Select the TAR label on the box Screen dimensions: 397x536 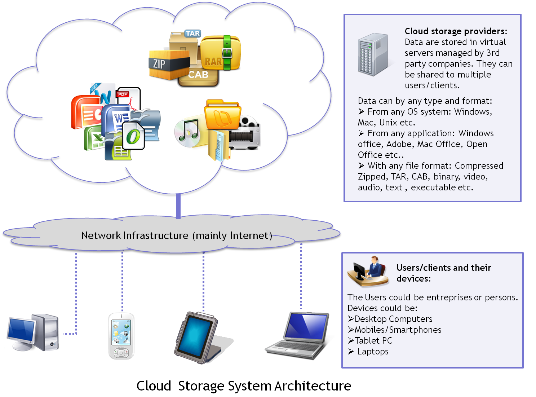[193, 34]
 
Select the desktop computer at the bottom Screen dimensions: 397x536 [33, 332]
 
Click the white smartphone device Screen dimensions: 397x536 [121, 336]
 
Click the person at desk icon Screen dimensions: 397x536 [368, 272]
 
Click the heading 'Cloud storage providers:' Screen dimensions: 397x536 [456, 31]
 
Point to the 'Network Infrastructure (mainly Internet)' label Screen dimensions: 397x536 [176, 235]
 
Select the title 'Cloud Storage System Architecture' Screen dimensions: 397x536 [244, 386]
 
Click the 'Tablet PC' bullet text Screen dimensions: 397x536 [373, 341]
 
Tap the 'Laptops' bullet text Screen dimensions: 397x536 [372, 352]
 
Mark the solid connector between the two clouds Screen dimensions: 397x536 [178, 206]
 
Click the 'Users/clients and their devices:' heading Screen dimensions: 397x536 [443, 273]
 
